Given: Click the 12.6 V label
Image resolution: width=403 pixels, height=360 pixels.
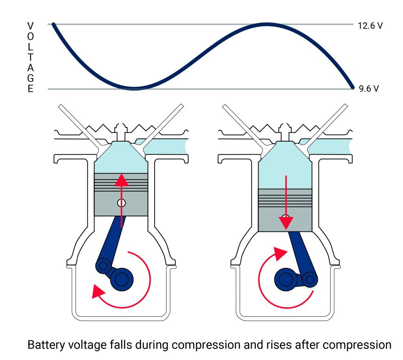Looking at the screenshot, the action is click(x=370, y=26).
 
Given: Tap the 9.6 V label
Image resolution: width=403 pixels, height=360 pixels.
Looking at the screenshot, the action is click(x=368, y=89).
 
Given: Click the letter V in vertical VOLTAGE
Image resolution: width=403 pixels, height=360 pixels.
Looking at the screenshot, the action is click(x=30, y=26).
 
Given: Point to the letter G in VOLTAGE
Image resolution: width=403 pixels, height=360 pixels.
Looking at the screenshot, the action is click(x=30, y=78).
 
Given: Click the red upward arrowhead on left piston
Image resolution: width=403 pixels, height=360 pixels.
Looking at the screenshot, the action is click(x=121, y=180).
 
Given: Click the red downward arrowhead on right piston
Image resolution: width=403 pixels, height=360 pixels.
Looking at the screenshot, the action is click(x=286, y=223).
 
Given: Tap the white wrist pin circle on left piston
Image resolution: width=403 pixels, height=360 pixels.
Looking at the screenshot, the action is click(x=121, y=203).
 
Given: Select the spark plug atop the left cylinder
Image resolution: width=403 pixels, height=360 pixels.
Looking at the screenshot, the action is click(x=121, y=132).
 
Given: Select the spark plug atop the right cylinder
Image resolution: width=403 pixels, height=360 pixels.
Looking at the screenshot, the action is click(x=285, y=132).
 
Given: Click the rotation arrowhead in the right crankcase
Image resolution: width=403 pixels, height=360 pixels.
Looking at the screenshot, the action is click(x=280, y=253).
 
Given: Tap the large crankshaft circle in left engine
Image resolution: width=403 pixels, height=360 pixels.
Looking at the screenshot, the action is click(x=122, y=279).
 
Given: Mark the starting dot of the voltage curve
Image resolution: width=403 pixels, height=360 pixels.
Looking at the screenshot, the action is click(x=54, y=24).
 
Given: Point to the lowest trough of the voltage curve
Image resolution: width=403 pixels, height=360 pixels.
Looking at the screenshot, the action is click(x=134, y=89).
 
